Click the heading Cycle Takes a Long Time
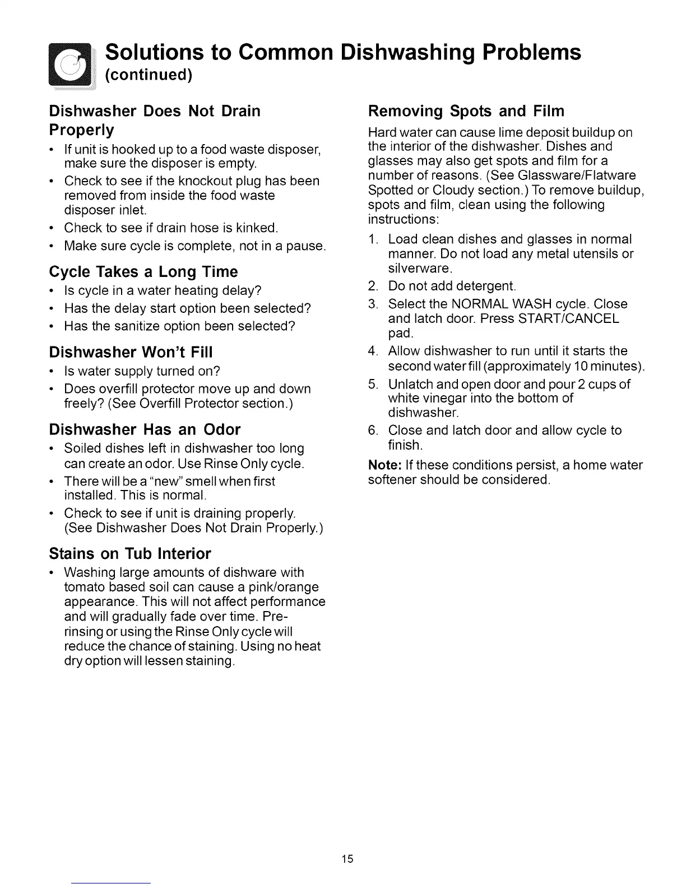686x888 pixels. [x=143, y=272]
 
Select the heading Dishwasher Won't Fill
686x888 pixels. [x=131, y=353]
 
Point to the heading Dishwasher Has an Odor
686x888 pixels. [x=145, y=429]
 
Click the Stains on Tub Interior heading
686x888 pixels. [x=130, y=554]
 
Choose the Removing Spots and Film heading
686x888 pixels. [x=466, y=111]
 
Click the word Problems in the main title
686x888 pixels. [x=531, y=52]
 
